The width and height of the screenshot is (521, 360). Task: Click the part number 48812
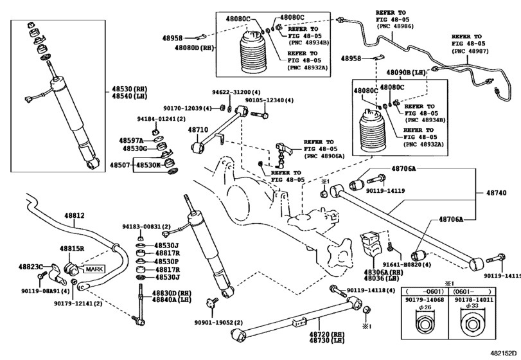(74, 215)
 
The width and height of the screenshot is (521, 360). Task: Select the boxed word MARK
(94, 269)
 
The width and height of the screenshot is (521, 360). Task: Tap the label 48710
(198, 130)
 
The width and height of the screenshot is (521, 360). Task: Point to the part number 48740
(497, 193)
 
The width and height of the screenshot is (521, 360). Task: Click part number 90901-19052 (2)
(218, 323)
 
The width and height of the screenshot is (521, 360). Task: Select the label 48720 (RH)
(326, 334)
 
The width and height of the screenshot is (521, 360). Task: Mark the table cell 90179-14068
(424, 300)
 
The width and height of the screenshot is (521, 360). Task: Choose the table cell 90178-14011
(474, 300)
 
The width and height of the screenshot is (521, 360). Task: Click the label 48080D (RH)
(195, 48)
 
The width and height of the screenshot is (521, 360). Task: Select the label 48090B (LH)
(406, 72)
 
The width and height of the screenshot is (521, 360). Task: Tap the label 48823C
(31, 266)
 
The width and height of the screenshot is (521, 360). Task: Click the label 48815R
(72, 248)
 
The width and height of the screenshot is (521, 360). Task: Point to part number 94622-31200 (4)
(236, 92)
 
